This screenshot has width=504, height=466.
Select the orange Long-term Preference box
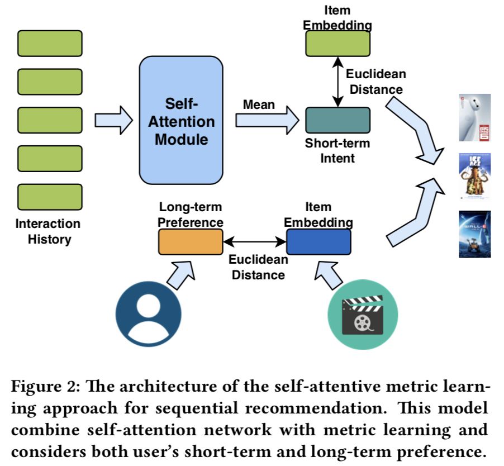click(x=191, y=242)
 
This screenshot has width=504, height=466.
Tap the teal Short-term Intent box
click(x=337, y=120)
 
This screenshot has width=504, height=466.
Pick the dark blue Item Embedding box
click(x=318, y=242)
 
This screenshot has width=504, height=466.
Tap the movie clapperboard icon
click(x=362, y=314)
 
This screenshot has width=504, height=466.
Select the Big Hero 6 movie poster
click(x=474, y=117)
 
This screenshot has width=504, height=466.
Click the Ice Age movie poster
click(x=474, y=177)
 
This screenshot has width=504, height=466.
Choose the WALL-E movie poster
click(x=474, y=234)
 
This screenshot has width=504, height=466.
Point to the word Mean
click(x=259, y=104)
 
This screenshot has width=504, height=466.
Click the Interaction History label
click(x=48, y=231)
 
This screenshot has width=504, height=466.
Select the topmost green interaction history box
click(x=50, y=44)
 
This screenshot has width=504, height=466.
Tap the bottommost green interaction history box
click(x=50, y=197)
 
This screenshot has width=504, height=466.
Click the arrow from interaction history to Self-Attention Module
click(x=114, y=120)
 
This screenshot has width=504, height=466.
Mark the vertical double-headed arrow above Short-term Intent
click(x=337, y=82)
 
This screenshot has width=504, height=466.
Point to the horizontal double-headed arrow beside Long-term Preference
click(x=254, y=242)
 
